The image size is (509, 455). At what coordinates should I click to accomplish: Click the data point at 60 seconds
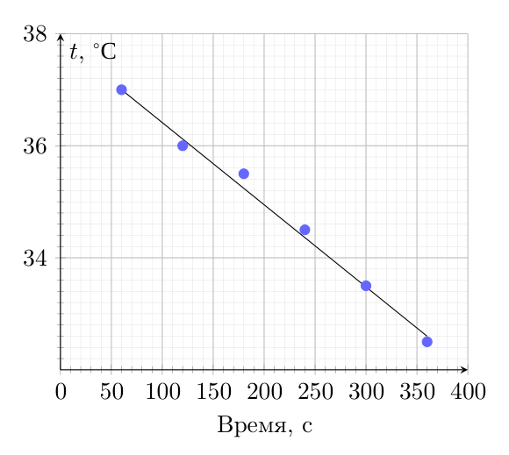tap(121, 89)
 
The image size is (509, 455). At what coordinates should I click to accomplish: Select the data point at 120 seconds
tap(183, 146)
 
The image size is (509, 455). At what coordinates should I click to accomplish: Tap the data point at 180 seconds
tap(244, 174)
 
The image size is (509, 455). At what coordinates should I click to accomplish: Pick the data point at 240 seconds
tap(305, 230)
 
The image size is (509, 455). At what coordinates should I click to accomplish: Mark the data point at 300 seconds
tap(366, 286)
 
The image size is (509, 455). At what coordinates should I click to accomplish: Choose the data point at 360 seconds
tap(427, 342)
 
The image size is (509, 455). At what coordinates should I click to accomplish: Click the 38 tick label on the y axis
tap(35, 33)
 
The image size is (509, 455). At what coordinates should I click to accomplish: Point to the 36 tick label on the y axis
tap(35, 146)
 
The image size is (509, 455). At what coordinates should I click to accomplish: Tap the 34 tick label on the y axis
tap(35, 258)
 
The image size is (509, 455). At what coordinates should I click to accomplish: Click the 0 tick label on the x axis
tap(61, 392)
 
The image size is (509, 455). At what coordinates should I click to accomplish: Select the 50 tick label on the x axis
tap(111, 392)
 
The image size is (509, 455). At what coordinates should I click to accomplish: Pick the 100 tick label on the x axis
tap(162, 392)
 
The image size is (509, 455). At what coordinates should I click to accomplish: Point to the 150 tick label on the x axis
tap(213, 392)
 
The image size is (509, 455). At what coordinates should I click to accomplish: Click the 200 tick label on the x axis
tap(264, 392)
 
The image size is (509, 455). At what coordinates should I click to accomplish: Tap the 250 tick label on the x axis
tap(316, 392)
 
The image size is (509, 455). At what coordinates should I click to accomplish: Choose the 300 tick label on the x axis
tap(366, 392)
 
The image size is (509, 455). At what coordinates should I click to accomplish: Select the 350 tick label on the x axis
tap(417, 392)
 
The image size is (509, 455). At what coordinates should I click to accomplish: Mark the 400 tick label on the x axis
tap(468, 392)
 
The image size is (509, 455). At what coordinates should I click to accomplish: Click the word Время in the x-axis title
tap(251, 425)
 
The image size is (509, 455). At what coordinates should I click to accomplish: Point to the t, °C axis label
tap(93, 52)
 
